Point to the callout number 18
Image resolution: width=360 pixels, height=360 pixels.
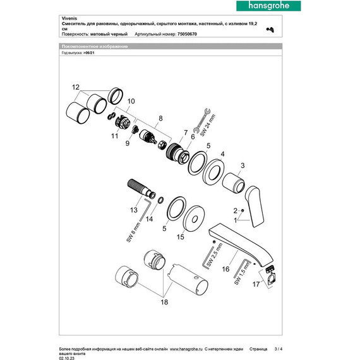pos(165,304)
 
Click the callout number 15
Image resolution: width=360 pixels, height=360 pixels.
pos(181,237)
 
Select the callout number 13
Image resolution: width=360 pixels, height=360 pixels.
pos(133,210)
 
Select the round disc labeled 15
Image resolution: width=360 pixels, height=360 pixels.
pos(192,217)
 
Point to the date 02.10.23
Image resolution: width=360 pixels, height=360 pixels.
pos(66,357)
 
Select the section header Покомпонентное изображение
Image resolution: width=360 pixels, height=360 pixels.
pos(94,47)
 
